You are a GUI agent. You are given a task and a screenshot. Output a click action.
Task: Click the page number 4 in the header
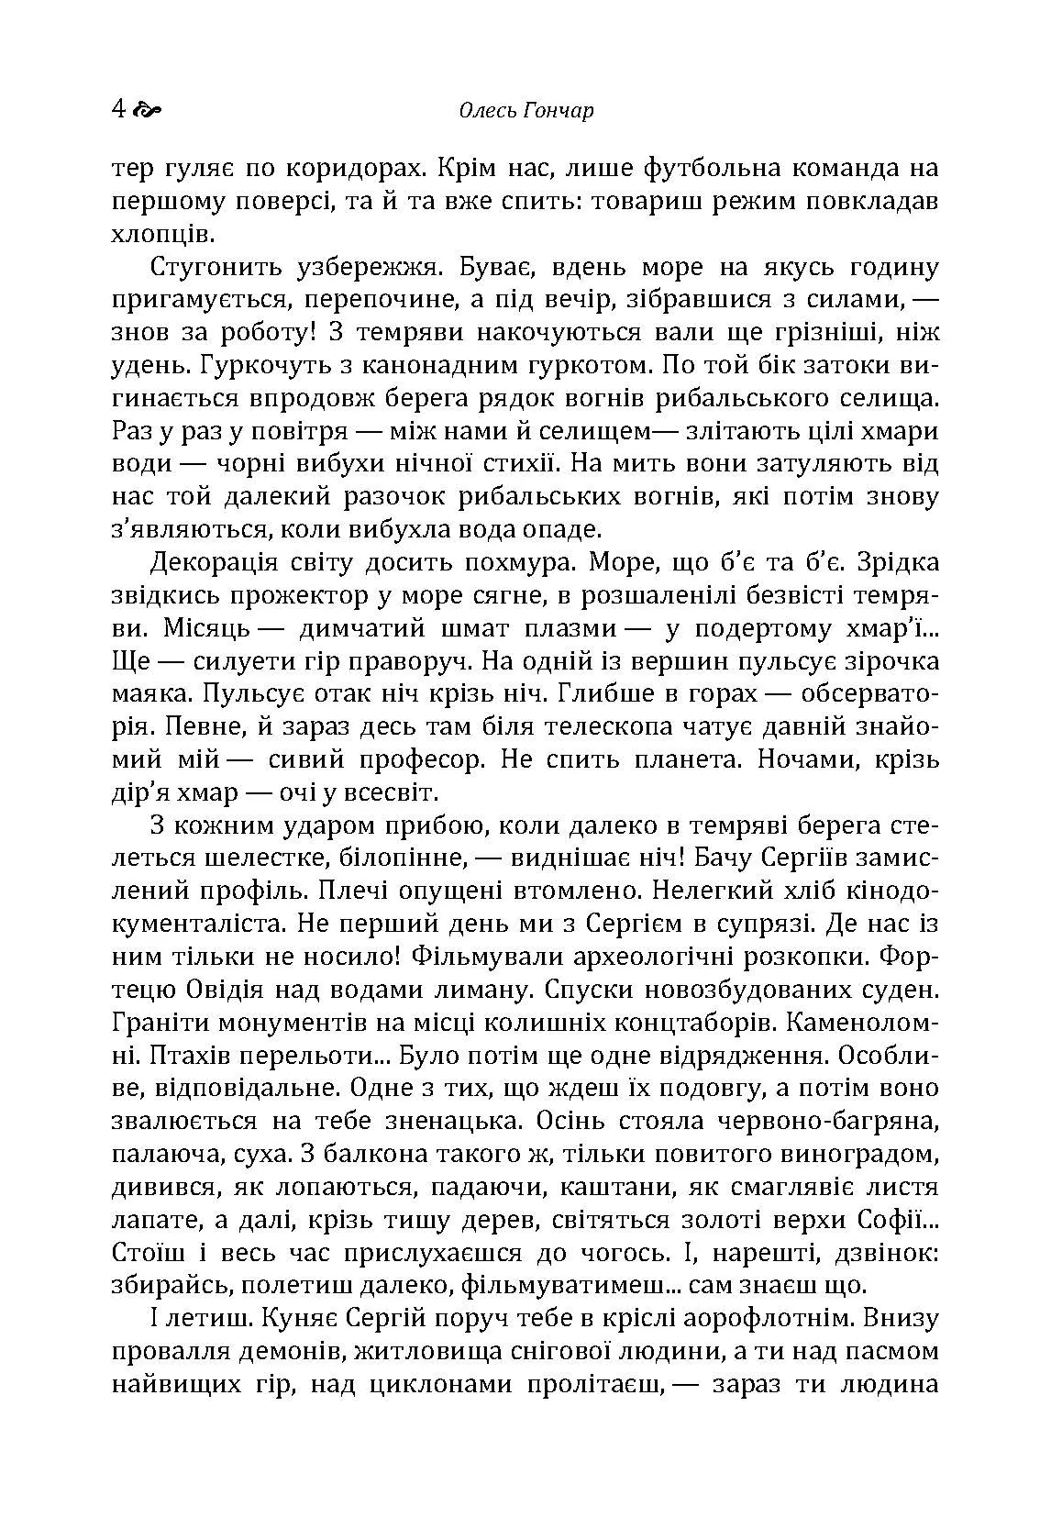point(117,110)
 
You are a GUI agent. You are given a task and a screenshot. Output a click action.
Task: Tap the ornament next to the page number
point(147,111)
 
